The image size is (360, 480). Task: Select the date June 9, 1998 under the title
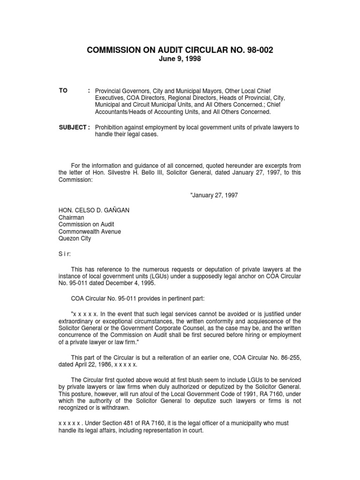click(x=180, y=59)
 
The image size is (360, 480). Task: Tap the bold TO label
click(x=63, y=90)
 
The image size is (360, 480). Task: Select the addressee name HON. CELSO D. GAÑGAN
click(x=94, y=210)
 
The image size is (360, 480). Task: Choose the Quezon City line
click(x=75, y=238)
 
